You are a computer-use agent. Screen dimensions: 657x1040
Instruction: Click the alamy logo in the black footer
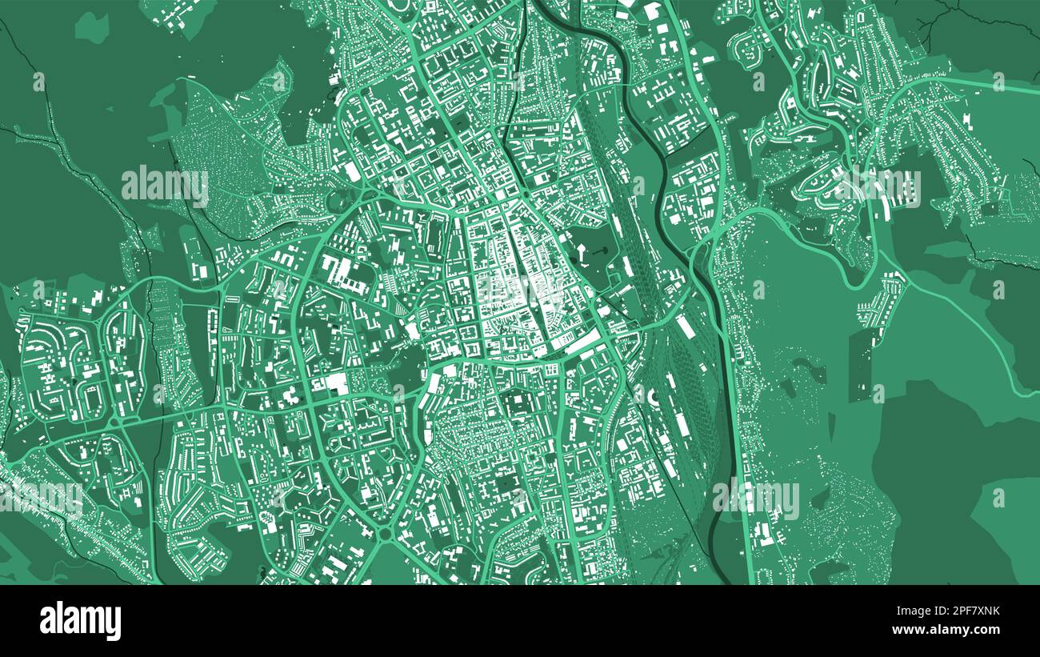click(x=81, y=621)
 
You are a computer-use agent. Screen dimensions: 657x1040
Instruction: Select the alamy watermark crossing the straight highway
click(x=755, y=498)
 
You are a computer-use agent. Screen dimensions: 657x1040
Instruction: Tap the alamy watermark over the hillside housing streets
click(x=877, y=187)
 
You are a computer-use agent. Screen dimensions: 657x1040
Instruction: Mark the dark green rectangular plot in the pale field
click(x=858, y=364)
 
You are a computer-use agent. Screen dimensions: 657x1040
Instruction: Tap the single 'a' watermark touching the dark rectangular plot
click(x=878, y=393)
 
